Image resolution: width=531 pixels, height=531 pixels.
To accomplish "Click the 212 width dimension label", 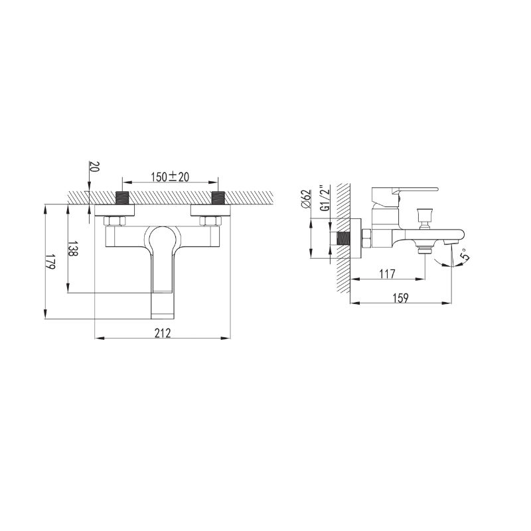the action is pyautogui.click(x=163, y=333).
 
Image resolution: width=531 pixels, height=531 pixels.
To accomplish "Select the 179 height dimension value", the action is pyautogui.click(x=50, y=262).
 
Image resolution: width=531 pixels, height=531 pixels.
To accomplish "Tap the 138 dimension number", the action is pyautogui.click(x=73, y=249).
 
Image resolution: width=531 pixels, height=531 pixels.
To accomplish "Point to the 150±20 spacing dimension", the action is pyautogui.click(x=170, y=177).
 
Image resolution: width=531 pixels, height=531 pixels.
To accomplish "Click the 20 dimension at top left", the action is pyautogui.click(x=94, y=167).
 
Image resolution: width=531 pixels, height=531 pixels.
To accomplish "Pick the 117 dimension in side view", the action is pyautogui.click(x=387, y=273).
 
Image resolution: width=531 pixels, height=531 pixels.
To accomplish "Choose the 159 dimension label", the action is pyautogui.click(x=401, y=297).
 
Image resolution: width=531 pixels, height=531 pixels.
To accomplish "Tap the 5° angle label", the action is pyautogui.click(x=466, y=254).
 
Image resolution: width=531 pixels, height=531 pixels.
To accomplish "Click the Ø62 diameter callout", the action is pyautogui.click(x=306, y=199).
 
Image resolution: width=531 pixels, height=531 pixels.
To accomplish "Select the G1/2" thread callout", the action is pyautogui.click(x=325, y=198).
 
